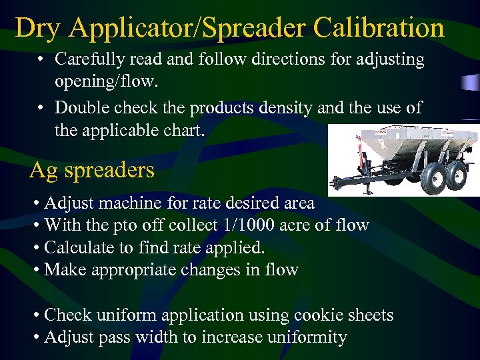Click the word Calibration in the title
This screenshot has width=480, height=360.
[378, 28]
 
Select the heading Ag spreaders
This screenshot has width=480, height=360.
[92, 171]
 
